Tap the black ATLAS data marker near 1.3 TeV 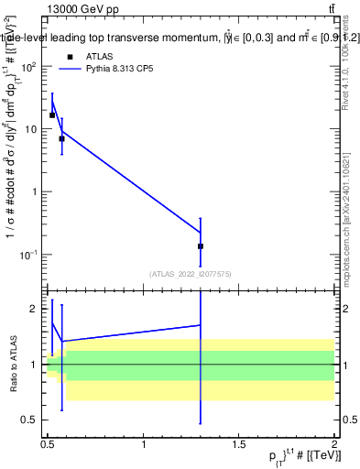(201, 246)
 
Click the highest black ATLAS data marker (52, 115)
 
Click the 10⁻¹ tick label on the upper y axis (27, 254)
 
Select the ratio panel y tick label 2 (34, 310)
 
